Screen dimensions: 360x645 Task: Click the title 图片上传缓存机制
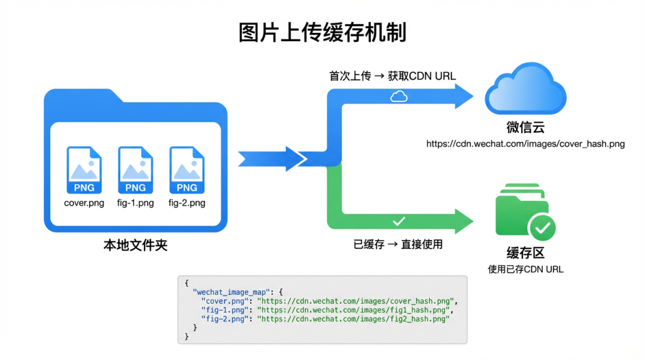pos(322,33)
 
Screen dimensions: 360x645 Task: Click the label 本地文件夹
pos(136,245)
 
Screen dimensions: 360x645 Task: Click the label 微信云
pos(526,127)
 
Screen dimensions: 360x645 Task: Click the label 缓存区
pos(526,253)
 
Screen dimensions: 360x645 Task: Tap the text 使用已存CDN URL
pos(526,269)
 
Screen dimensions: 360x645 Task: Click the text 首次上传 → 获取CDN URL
pos(392,76)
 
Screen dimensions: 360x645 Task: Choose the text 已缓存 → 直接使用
pos(398,244)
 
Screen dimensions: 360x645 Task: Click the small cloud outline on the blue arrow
pos(399,96)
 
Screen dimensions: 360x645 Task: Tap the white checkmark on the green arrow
pos(399,221)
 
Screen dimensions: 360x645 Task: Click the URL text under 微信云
pos(526,144)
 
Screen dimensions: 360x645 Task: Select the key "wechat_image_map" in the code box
pos(232,292)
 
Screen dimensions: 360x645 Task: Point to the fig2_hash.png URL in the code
pos(353,319)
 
